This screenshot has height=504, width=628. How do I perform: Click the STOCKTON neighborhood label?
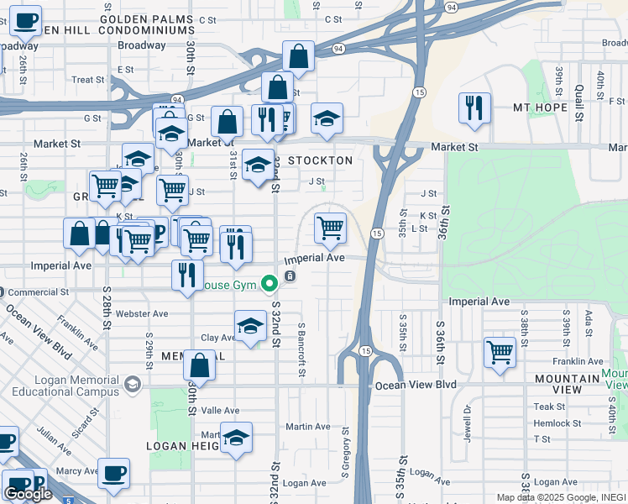coord(320,160)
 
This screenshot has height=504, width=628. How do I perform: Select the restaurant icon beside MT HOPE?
coord(474,108)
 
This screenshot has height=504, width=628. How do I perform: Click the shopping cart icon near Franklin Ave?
coord(500,352)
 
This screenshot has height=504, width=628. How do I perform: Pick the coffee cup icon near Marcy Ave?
coord(113,473)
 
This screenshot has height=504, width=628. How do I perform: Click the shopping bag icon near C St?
coord(299,56)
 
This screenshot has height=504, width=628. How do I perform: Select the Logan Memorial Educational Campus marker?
coord(132,384)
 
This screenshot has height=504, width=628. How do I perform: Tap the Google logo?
coord(28,494)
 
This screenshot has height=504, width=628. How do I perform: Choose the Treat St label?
coord(87,80)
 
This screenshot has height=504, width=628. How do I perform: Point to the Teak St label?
coord(549,407)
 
